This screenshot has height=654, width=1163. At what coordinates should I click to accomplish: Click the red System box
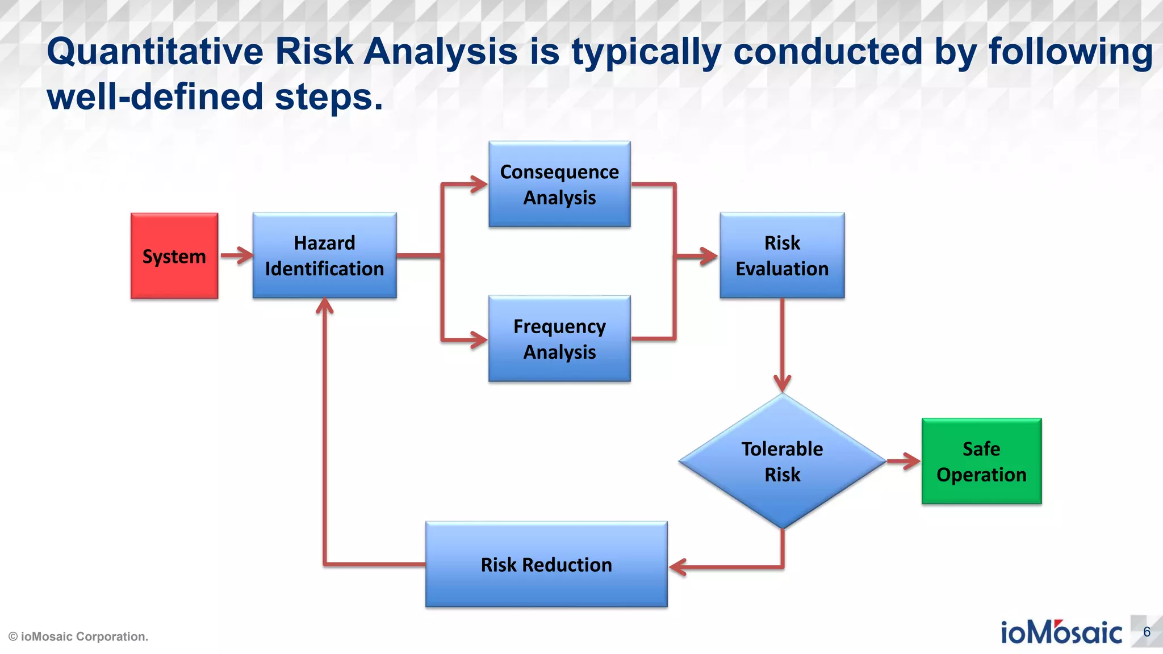[174, 256]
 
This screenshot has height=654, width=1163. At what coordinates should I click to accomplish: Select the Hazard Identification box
[324, 255]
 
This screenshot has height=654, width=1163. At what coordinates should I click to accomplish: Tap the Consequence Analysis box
[559, 185]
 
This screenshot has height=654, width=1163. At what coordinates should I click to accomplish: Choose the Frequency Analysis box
[559, 339]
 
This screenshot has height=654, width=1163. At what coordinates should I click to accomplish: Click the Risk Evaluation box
[782, 255]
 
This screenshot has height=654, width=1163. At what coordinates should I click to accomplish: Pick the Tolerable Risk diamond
[782, 461]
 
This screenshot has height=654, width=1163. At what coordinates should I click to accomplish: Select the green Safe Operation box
[981, 461]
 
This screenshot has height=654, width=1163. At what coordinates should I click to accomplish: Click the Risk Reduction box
[546, 564]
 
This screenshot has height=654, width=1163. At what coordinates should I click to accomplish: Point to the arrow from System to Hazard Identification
[236, 255]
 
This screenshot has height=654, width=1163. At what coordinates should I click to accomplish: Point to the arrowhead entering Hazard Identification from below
[324, 307]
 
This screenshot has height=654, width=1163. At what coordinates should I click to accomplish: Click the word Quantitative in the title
[154, 52]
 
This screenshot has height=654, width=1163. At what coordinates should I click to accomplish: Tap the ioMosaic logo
[1061, 632]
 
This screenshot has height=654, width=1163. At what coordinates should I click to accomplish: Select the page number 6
[1147, 632]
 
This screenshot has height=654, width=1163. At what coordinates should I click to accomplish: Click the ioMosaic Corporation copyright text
[78, 636]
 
